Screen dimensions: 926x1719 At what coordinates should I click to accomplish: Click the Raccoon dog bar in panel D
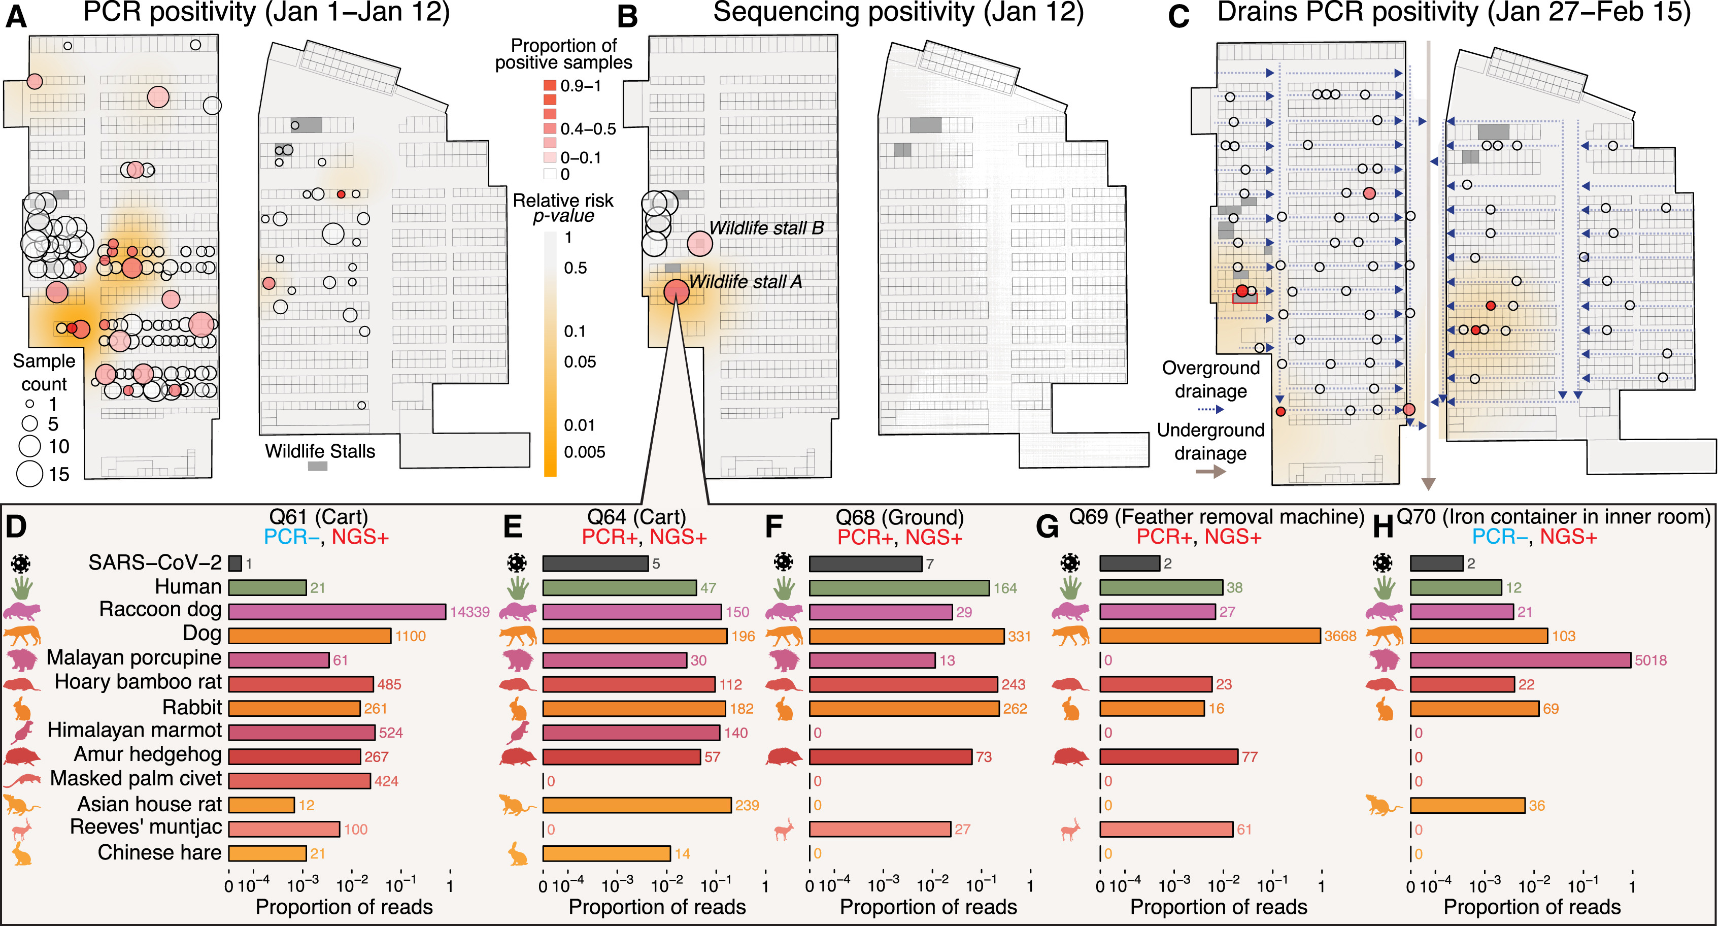pyautogui.click(x=337, y=612)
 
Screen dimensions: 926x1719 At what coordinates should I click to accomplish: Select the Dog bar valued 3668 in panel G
pyautogui.click(x=1209, y=636)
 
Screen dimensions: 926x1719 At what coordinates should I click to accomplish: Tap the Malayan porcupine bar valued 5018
pyautogui.click(x=1520, y=660)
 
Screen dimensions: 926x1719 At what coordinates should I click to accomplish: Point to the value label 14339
pyautogui.click(x=470, y=612)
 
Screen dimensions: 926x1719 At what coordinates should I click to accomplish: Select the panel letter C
pyautogui.click(x=1178, y=16)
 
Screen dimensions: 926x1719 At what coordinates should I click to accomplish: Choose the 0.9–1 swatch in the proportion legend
pyautogui.click(x=550, y=85)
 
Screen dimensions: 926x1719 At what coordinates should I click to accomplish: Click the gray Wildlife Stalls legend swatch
pyautogui.click(x=318, y=466)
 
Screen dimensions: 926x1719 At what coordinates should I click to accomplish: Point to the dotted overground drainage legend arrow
pyautogui.click(x=1210, y=409)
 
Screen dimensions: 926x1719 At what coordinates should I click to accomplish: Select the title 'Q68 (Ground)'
pyautogui.click(x=899, y=517)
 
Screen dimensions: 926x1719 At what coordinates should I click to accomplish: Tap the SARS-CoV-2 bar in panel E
pyautogui.click(x=595, y=564)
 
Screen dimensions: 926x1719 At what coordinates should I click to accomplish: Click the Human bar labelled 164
pyautogui.click(x=899, y=588)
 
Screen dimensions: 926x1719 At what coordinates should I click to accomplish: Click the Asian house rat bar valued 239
pyautogui.click(x=636, y=805)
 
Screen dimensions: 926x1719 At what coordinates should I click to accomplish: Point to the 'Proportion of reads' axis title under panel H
pyautogui.click(x=1532, y=907)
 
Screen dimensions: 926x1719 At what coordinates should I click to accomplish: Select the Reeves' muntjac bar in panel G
pyautogui.click(x=1166, y=829)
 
